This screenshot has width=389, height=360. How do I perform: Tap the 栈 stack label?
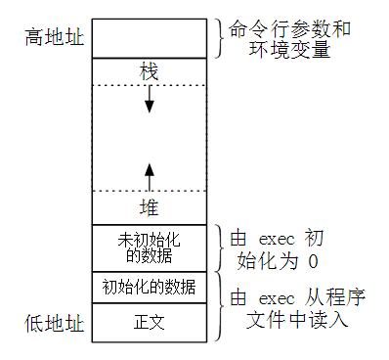pos(150,72)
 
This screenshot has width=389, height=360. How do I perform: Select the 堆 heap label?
pos(150,207)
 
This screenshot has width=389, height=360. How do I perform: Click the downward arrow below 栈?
pos(150,98)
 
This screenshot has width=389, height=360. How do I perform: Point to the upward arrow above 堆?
pos(150,176)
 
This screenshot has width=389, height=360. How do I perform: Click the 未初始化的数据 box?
pos(150,247)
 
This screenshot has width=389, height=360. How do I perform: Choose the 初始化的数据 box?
pos(150,288)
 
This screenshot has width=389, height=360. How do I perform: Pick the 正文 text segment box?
pos(150,321)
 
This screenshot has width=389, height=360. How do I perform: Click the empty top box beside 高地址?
pos(150,38)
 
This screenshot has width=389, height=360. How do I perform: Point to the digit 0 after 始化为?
pos(312,261)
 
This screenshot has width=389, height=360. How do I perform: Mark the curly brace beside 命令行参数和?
pos(218,38)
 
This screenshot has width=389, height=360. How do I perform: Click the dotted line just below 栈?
pos(150,85)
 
